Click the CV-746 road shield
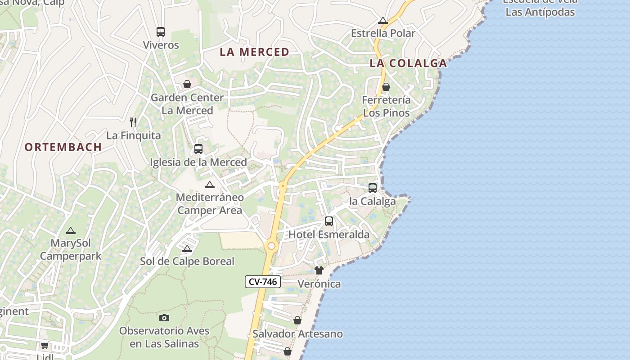(263, 282)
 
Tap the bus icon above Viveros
(161, 32)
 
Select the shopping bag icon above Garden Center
(187, 85)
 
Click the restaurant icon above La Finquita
(133, 122)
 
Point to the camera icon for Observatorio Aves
(164, 318)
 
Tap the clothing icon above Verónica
(319, 270)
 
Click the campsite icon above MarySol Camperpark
(70, 231)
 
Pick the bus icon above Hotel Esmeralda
(329, 221)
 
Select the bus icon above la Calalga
(373, 188)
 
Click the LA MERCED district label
(254, 52)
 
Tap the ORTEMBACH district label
(63, 147)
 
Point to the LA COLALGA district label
(408, 63)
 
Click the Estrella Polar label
(383, 33)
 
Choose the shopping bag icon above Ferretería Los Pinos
(386, 87)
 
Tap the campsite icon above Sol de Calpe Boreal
(187, 248)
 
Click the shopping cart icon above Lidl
(45, 346)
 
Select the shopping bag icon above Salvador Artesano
(297, 320)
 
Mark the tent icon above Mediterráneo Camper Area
(210, 184)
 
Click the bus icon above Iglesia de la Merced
(198, 149)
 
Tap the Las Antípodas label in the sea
(540, 12)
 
